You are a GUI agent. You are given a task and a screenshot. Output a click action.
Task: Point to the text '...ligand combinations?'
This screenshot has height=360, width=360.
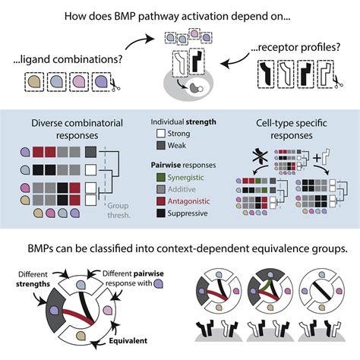(65, 58)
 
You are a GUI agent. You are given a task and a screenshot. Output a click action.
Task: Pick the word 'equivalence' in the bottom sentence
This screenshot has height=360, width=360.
(251, 248)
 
